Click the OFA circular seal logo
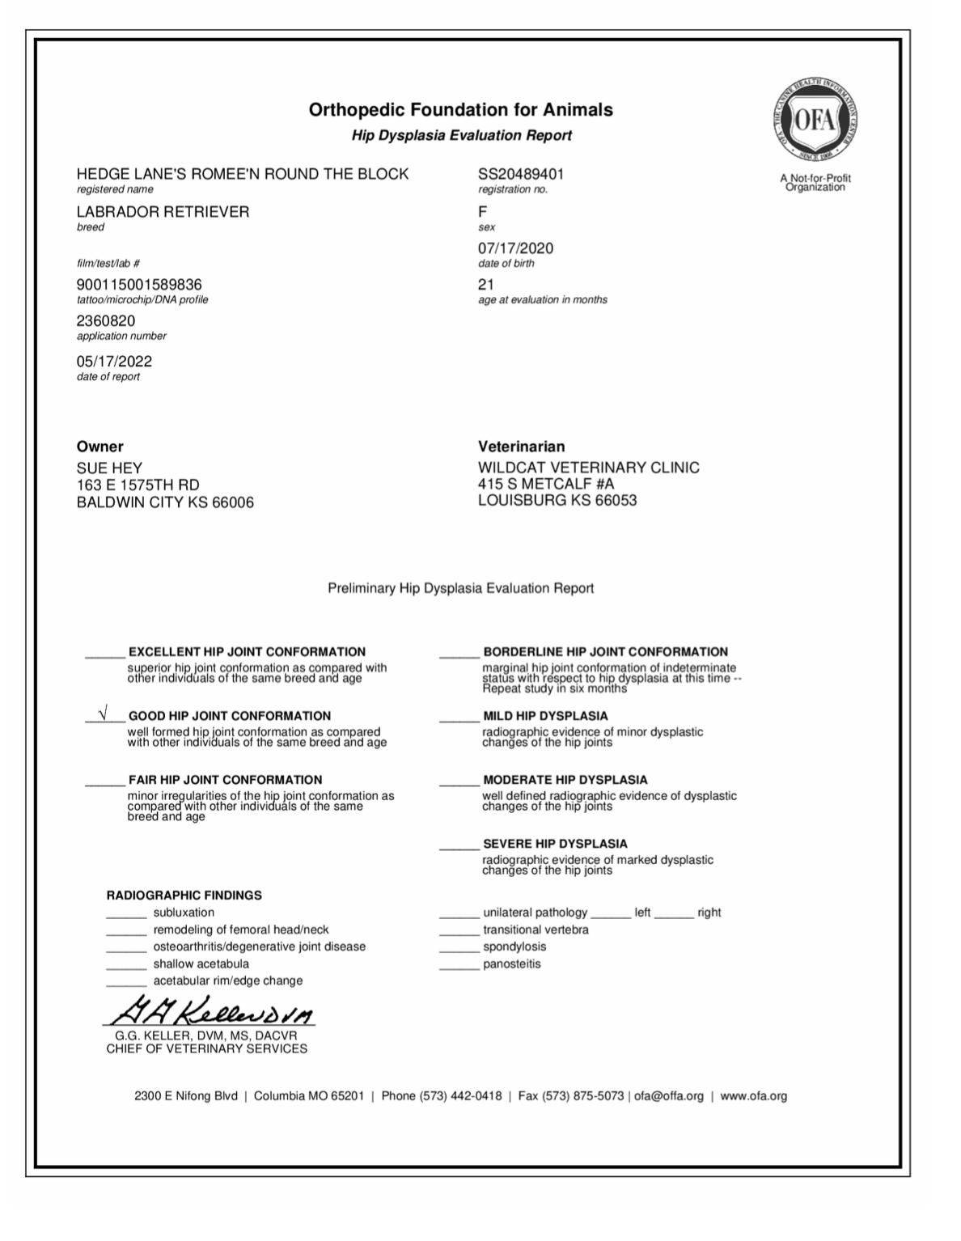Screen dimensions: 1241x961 (x=815, y=121)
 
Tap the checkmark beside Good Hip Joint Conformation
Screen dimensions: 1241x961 (x=103, y=714)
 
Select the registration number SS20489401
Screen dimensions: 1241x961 (x=521, y=174)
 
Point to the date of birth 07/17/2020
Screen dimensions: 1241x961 (x=515, y=248)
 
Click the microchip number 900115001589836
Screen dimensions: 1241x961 (x=139, y=285)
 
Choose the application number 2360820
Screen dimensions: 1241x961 (x=106, y=321)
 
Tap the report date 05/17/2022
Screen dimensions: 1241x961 (x=114, y=362)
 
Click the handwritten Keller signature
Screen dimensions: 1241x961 (x=210, y=1010)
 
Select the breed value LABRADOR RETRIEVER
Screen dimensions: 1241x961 (x=163, y=212)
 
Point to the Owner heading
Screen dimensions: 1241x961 (x=99, y=447)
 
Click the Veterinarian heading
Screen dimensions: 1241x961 (x=521, y=447)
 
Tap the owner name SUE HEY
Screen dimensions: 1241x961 (x=109, y=468)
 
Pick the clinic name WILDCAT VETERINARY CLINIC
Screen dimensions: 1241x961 (x=588, y=468)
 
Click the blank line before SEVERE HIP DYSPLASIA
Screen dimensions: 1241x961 (x=459, y=846)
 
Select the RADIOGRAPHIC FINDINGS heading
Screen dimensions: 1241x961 (x=184, y=896)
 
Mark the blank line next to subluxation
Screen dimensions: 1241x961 (x=126, y=915)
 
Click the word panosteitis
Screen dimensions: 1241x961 (x=511, y=964)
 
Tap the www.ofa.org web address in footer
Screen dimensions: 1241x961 (x=753, y=1096)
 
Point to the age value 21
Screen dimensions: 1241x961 (x=485, y=285)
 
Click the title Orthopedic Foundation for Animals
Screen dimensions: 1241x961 (x=460, y=110)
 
